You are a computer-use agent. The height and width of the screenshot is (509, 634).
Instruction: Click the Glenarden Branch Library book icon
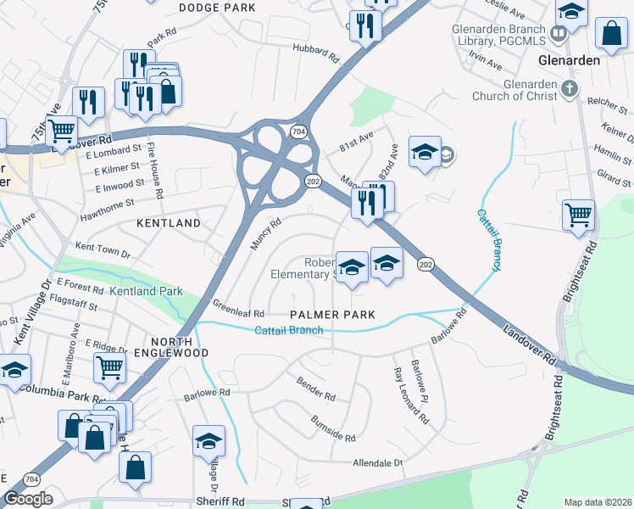pos(558,34)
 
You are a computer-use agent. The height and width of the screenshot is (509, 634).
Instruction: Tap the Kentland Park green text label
pos(146,292)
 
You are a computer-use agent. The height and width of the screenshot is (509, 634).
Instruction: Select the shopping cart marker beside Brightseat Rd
pos(578,214)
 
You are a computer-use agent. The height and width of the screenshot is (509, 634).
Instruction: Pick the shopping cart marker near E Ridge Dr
pos(110,368)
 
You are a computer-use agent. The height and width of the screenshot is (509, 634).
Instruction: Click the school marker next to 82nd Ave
pos(425,151)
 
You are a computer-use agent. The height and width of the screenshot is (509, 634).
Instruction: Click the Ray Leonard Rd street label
pos(409,396)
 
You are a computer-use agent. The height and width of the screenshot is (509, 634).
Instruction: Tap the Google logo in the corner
pos(28,499)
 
